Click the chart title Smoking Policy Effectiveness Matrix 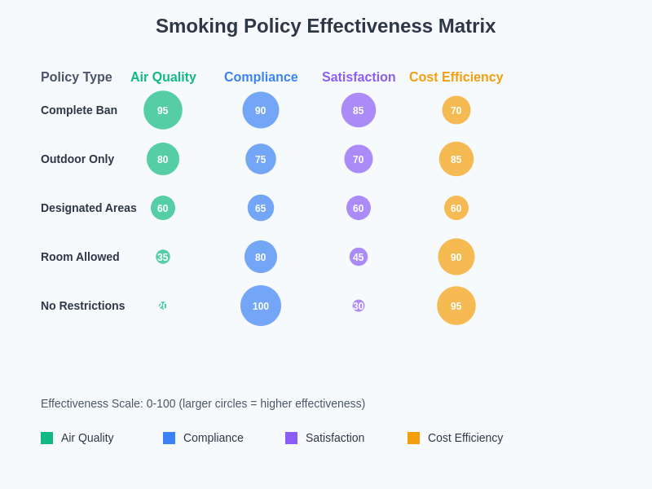click(325, 26)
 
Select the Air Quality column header click(163, 77)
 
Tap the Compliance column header click(261, 77)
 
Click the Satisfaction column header click(359, 77)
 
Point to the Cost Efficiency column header click(456, 77)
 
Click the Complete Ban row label click(79, 110)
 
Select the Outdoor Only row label click(77, 159)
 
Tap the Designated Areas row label click(89, 208)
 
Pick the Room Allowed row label click(80, 257)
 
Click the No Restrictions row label click(83, 306)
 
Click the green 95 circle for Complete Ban click(163, 110)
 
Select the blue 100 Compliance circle click(261, 306)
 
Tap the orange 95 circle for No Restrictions click(456, 306)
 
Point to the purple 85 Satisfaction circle click(359, 110)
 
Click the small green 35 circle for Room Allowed click(163, 257)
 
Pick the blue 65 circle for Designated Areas click(261, 208)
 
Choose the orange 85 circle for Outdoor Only click(456, 159)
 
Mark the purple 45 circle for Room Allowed click(359, 257)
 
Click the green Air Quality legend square click(47, 438)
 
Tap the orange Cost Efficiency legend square click(414, 438)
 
